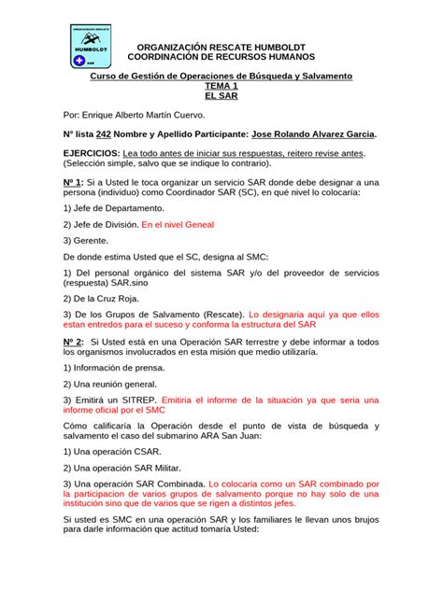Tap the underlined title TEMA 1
221,85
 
